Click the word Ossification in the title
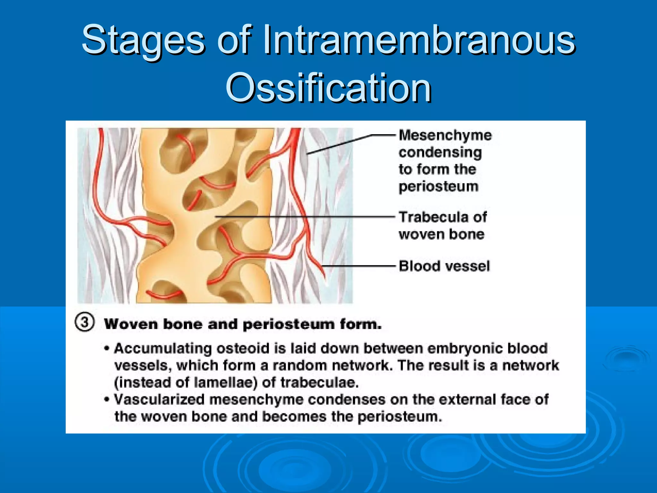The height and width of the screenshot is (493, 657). click(x=328, y=88)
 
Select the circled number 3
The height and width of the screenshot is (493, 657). click(x=85, y=322)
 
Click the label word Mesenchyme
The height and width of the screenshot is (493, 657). click(x=445, y=135)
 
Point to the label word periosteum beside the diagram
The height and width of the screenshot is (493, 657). click(x=438, y=186)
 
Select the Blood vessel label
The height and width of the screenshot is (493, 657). click(x=444, y=266)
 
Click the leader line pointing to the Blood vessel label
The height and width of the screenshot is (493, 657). click(x=359, y=266)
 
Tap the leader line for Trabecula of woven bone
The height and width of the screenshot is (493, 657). click(x=305, y=217)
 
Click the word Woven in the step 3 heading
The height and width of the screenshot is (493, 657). click(x=131, y=324)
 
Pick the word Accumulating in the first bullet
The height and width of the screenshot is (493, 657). click(x=163, y=349)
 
